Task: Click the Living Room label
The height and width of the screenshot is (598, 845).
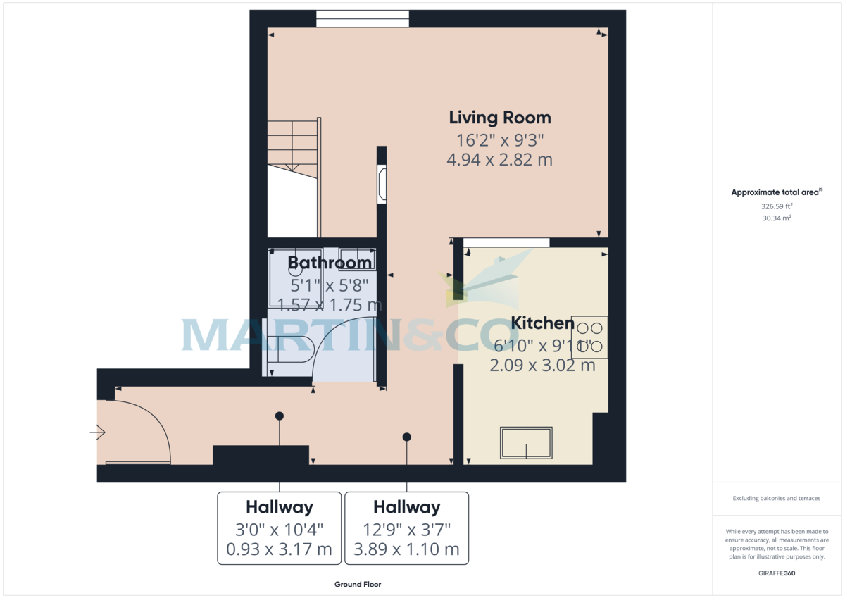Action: [500, 118]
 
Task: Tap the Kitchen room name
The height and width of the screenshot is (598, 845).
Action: [542, 323]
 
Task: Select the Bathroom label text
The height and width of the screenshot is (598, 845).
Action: [330, 263]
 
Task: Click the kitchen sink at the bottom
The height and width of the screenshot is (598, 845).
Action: [526, 442]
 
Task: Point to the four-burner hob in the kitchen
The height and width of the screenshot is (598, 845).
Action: [589, 337]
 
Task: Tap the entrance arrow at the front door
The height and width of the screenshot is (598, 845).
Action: [98, 432]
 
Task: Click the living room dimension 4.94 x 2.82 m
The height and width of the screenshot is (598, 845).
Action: [499, 160]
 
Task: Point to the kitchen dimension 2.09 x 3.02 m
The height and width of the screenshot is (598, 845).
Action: [542, 366]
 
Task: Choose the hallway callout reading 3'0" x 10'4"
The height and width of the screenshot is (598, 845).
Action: [280, 528]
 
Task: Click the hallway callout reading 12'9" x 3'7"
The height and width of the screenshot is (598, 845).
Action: [406, 528]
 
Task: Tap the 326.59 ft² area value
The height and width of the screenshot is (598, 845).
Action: [777, 206]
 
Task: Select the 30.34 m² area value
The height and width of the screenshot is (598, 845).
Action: [777, 218]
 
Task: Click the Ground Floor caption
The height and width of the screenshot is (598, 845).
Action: [358, 585]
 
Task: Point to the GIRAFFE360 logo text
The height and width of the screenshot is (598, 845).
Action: [777, 573]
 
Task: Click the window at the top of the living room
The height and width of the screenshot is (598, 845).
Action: [362, 19]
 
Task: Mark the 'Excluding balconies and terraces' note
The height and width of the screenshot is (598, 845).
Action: [777, 499]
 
